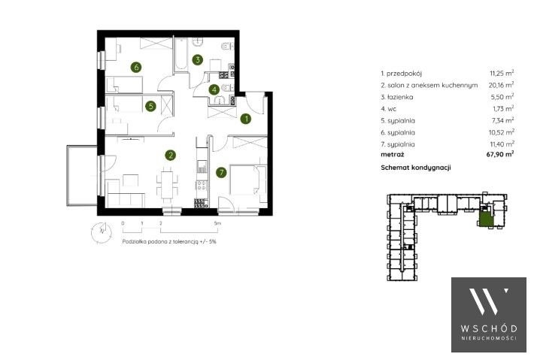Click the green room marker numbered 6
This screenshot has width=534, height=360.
pos(136,67)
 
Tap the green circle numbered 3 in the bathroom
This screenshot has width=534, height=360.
pos(198,60)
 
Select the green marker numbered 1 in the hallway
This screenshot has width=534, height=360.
pos(245,119)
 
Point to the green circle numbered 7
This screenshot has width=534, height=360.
pos(221,173)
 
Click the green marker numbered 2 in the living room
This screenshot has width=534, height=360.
pos(170,156)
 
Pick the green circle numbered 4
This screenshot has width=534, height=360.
pos(214,90)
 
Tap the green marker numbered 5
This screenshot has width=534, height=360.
pos(150,106)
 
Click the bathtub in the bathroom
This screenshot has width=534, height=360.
pos(181,54)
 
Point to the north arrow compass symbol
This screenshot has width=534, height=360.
pos(101,232)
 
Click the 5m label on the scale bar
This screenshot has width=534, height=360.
pos(217,223)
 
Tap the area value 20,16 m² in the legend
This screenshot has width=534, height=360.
pos(501,85)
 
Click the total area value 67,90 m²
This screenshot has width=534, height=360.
pos(500,154)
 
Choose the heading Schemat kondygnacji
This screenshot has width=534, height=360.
pos(416,168)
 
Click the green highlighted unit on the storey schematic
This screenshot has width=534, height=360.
pos(486,218)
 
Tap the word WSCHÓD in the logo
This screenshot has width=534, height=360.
pos(489,328)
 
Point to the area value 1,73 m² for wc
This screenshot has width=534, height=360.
pos(503,108)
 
